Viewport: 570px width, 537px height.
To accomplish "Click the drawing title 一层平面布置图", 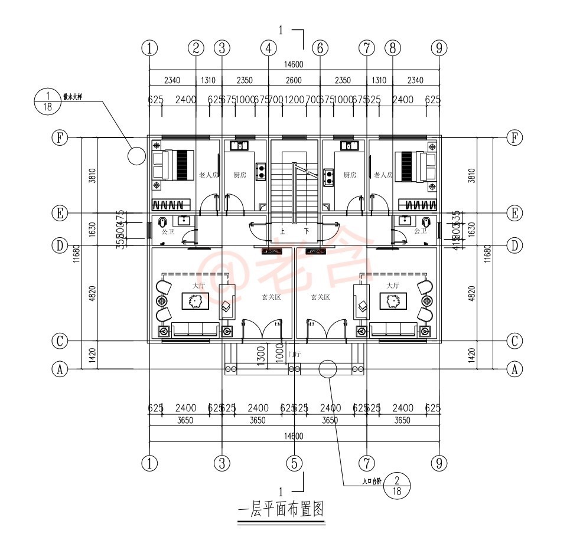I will coord(281,509).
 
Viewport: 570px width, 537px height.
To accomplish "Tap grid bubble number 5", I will coord(294,463).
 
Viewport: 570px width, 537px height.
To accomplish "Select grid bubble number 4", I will coord(268,48).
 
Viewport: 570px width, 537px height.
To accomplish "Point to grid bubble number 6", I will coord(320,48).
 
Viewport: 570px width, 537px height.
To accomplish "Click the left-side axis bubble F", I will coord(59,137).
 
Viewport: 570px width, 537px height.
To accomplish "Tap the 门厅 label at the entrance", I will coord(294,355).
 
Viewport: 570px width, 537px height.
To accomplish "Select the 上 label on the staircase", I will coord(282,232).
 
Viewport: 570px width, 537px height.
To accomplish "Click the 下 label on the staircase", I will coord(307,232).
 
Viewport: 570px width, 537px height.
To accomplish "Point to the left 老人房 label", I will coord(209,175).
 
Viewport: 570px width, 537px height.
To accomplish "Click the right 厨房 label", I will coord(350,175).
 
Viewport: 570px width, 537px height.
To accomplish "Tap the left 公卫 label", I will coord(168,232).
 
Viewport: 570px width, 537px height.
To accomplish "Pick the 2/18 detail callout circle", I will coord(397,486).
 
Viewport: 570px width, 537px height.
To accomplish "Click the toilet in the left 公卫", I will coord(161,222).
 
